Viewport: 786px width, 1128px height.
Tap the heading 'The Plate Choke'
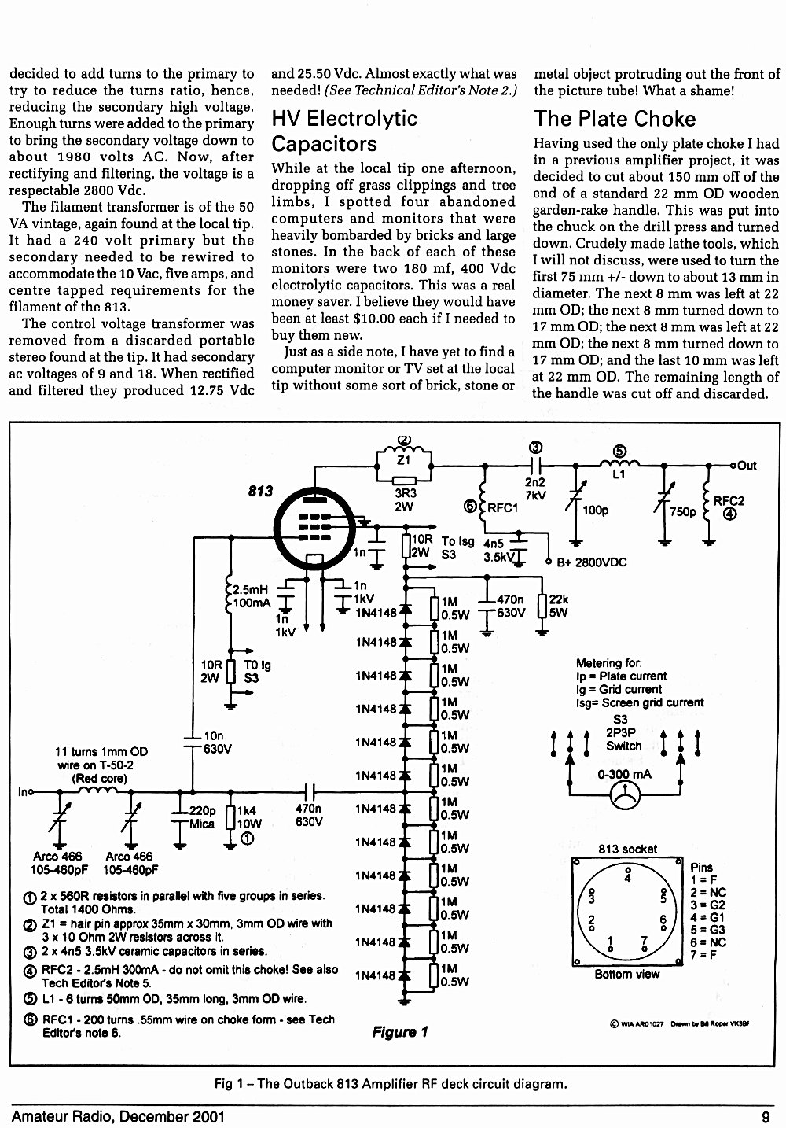coord(615,119)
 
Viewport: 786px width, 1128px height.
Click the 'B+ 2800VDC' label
coord(591,562)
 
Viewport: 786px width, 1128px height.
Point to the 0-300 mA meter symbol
coord(624,795)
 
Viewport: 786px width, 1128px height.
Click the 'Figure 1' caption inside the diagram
coord(399,1032)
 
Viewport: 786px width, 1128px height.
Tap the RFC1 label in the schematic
coord(503,507)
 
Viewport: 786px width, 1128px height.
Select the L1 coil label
coord(619,474)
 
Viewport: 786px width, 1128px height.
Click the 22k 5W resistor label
coord(559,606)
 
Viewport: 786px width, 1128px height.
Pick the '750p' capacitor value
coord(683,511)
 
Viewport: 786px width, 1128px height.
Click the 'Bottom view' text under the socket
coord(626,975)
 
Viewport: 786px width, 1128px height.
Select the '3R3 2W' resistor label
coord(404,500)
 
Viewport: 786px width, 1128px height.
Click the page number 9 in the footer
coord(766,1117)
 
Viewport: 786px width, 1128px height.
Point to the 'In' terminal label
coord(23,792)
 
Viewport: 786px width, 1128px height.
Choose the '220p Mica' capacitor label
coord(202,817)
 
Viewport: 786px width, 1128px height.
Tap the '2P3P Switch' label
coord(623,739)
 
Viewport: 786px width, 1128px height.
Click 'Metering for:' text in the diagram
coord(609,663)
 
